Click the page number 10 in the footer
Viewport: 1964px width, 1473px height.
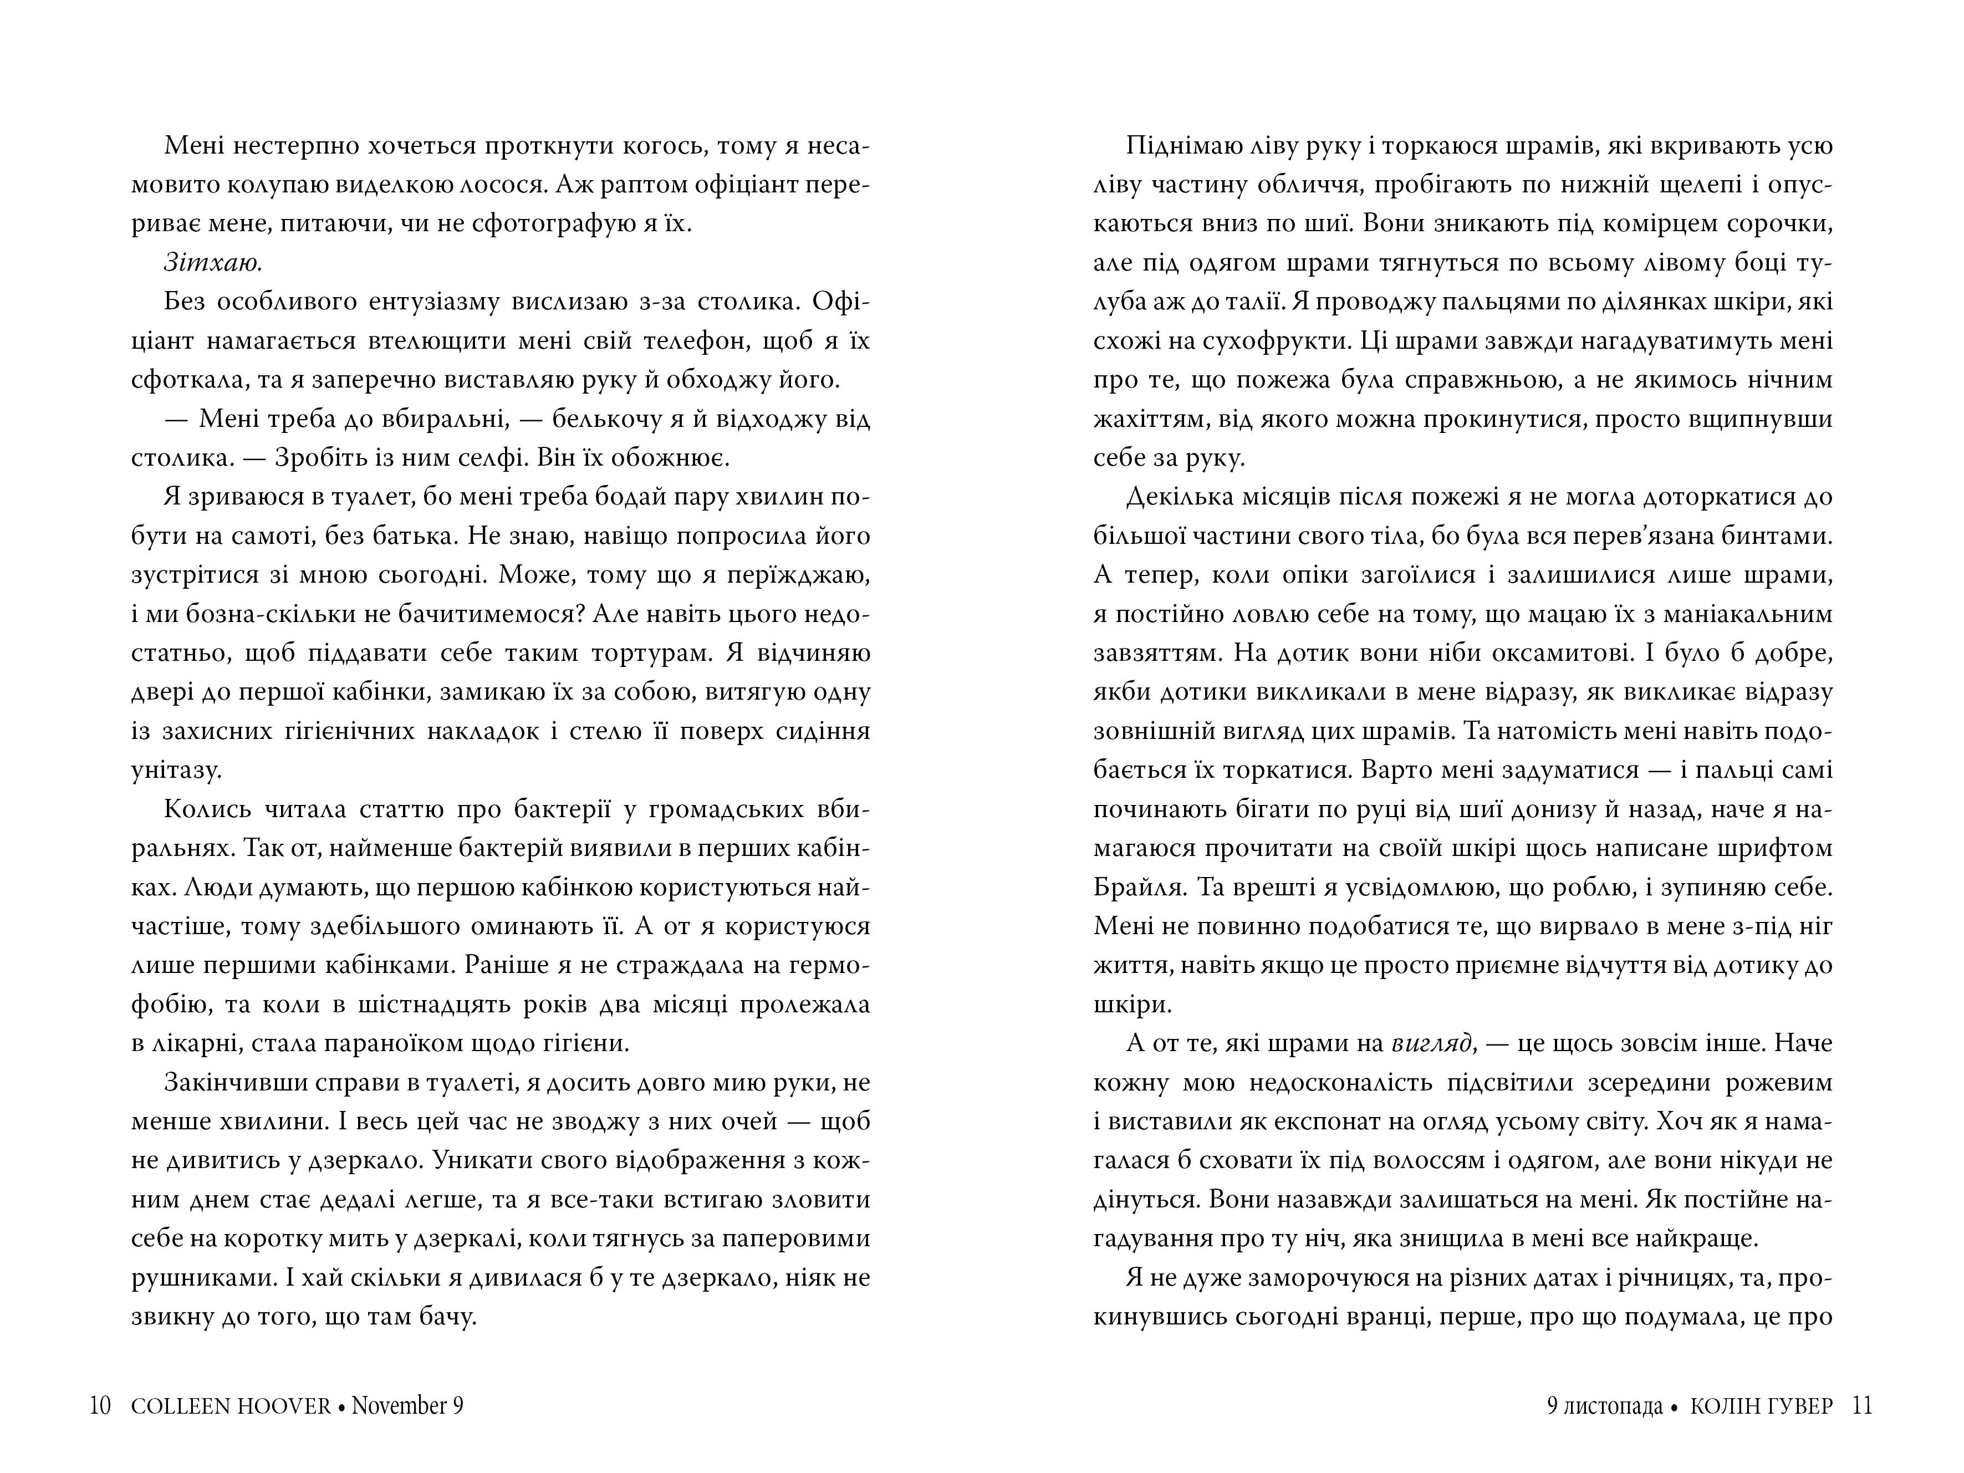[99, 1405]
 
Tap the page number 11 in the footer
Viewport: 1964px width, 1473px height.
[1862, 1405]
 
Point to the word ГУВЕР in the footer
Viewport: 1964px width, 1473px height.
[1798, 1405]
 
